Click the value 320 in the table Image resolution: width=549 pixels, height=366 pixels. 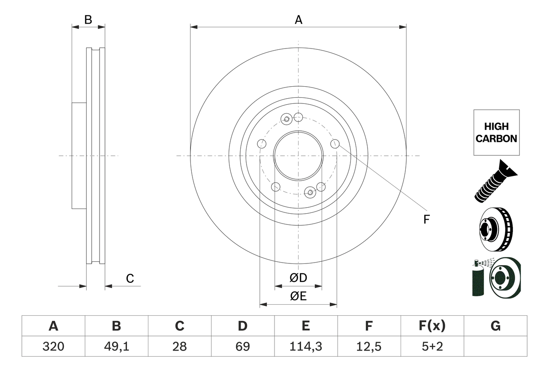pyautogui.click(x=53, y=346)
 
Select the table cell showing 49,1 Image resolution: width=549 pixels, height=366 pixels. pyautogui.click(x=116, y=346)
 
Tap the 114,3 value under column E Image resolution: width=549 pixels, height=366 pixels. pyautogui.click(x=305, y=346)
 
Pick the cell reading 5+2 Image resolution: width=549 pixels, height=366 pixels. pyautogui.click(x=432, y=346)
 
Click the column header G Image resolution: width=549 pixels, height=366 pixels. pyautogui.click(x=495, y=326)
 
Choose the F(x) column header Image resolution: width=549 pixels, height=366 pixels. pyautogui.click(x=432, y=326)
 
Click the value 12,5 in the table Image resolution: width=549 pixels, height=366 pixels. pyautogui.click(x=368, y=346)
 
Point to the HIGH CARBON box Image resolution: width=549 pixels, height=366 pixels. pyautogui.click(x=496, y=133)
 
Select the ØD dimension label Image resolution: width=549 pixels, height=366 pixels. pyautogui.click(x=299, y=278)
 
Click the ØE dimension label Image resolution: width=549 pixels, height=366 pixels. pyautogui.click(x=299, y=296)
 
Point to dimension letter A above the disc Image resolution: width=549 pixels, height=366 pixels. pyautogui.click(x=299, y=20)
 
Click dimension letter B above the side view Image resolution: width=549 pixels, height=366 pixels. pyautogui.click(x=88, y=20)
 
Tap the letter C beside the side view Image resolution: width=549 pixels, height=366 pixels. pyautogui.click(x=130, y=279)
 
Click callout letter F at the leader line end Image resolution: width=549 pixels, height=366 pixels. pyautogui.click(x=426, y=220)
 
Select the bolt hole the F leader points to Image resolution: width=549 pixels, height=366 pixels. pyautogui.click(x=335, y=144)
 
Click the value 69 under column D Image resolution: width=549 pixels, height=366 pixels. pyautogui.click(x=243, y=346)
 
